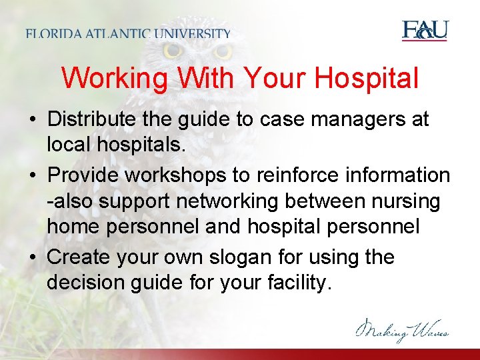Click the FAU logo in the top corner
(425, 31)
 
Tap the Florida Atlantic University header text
(129, 33)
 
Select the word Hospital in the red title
(368, 79)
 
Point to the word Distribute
(95, 120)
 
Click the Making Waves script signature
(402, 329)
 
